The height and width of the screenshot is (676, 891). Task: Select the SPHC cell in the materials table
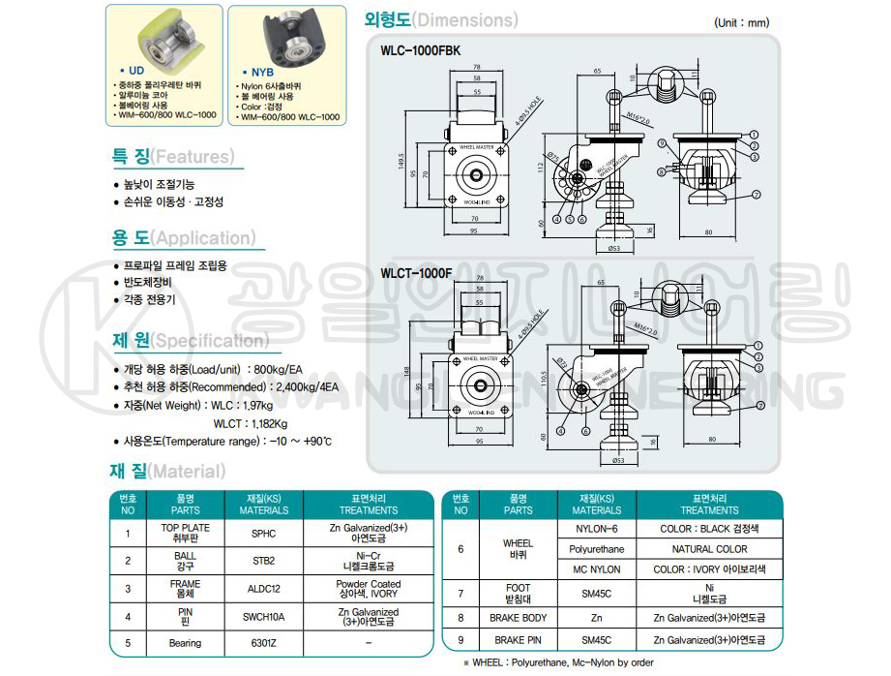263,533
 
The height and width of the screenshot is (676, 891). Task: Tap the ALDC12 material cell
263,589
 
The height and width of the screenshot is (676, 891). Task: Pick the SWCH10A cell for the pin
263,617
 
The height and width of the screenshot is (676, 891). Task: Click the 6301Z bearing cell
263,643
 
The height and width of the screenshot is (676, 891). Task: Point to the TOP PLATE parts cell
185,533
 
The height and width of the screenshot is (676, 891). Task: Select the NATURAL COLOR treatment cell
709,549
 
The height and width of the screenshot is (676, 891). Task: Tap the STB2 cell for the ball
263,561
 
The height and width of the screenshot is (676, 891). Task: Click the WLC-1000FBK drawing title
421,49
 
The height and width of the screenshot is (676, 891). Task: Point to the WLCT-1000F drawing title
416,273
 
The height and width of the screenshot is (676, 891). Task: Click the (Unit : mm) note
741,22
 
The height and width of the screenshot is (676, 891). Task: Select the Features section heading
172,157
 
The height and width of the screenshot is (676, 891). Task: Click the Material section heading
166,472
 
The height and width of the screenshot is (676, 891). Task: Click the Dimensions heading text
441,19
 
